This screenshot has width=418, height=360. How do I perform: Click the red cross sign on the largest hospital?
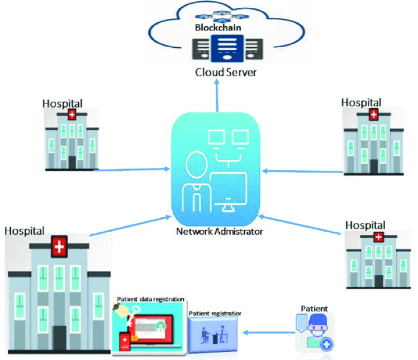[59, 246]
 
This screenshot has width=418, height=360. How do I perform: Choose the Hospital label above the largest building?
[25, 230]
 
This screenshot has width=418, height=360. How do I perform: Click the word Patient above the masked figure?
[314, 309]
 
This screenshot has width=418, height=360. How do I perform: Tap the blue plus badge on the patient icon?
[326, 345]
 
